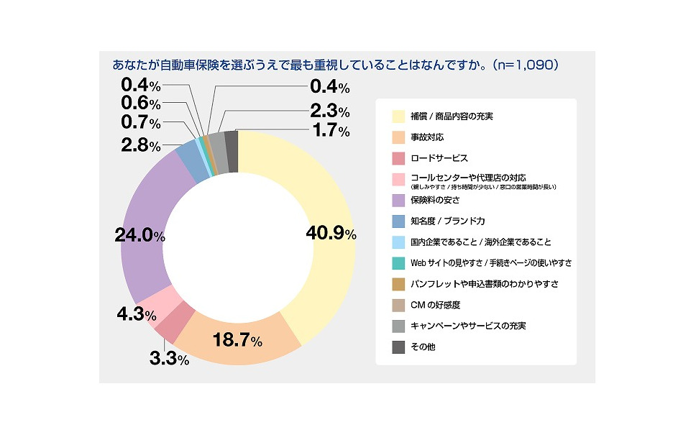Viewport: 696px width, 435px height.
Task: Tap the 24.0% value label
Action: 140,235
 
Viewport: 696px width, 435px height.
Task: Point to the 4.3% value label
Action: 135,314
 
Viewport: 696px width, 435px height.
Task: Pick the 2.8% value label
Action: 140,145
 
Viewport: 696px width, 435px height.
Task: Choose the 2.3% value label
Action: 329,111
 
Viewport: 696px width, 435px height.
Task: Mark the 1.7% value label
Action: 329,131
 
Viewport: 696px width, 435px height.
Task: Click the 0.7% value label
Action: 140,122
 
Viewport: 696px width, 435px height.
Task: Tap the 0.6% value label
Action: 140,104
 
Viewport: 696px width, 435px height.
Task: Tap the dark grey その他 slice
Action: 232,142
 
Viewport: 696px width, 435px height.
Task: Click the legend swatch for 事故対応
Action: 398,137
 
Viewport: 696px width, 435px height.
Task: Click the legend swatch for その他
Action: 398,347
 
